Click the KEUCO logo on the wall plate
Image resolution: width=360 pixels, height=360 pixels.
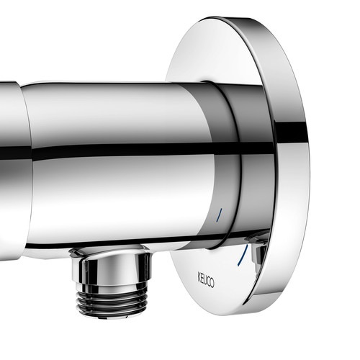pyautogui.click(x=206, y=279)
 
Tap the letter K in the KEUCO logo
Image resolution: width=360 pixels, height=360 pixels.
pyautogui.click(x=199, y=276)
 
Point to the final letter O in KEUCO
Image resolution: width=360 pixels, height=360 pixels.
pyautogui.click(x=212, y=283)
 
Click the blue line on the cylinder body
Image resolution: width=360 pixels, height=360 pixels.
pyautogui.click(x=219, y=215)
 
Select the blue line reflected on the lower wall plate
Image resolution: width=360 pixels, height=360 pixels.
pyautogui.click(x=243, y=255)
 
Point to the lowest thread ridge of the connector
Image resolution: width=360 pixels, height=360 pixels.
pyautogui.click(x=112, y=311)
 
